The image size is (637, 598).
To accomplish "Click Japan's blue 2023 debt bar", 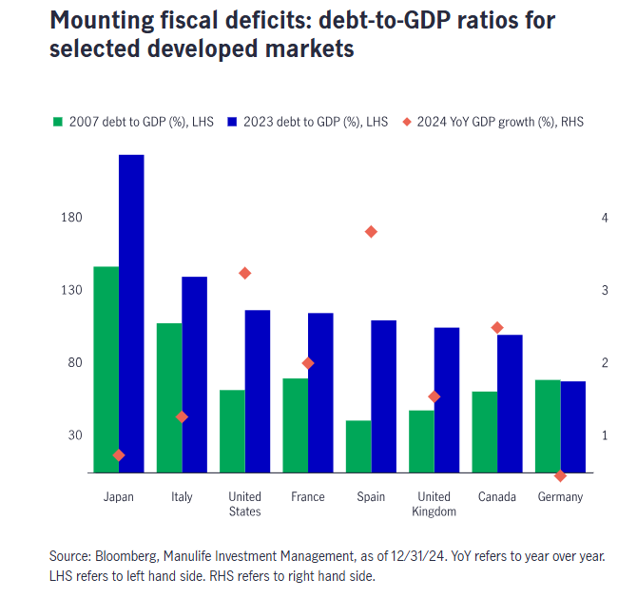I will click(x=131, y=314).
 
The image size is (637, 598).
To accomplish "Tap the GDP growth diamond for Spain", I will click(x=371, y=231).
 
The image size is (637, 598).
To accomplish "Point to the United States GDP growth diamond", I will click(x=244, y=273).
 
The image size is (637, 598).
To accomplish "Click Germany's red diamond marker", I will click(x=560, y=475).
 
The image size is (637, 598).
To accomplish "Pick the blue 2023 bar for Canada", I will click(x=510, y=403).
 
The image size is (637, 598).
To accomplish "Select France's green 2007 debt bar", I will click(x=296, y=425).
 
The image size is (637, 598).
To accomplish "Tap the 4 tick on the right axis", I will click(x=604, y=218).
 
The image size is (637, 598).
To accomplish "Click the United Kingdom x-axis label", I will click(x=434, y=504).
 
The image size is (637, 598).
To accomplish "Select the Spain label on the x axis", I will click(x=371, y=497).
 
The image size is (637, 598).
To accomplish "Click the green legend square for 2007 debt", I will click(x=58, y=122).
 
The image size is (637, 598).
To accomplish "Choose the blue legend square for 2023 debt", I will click(x=232, y=122).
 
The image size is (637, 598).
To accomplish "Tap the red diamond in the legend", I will click(x=407, y=122).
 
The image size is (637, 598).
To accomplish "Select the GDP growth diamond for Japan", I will click(x=119, y=455).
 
